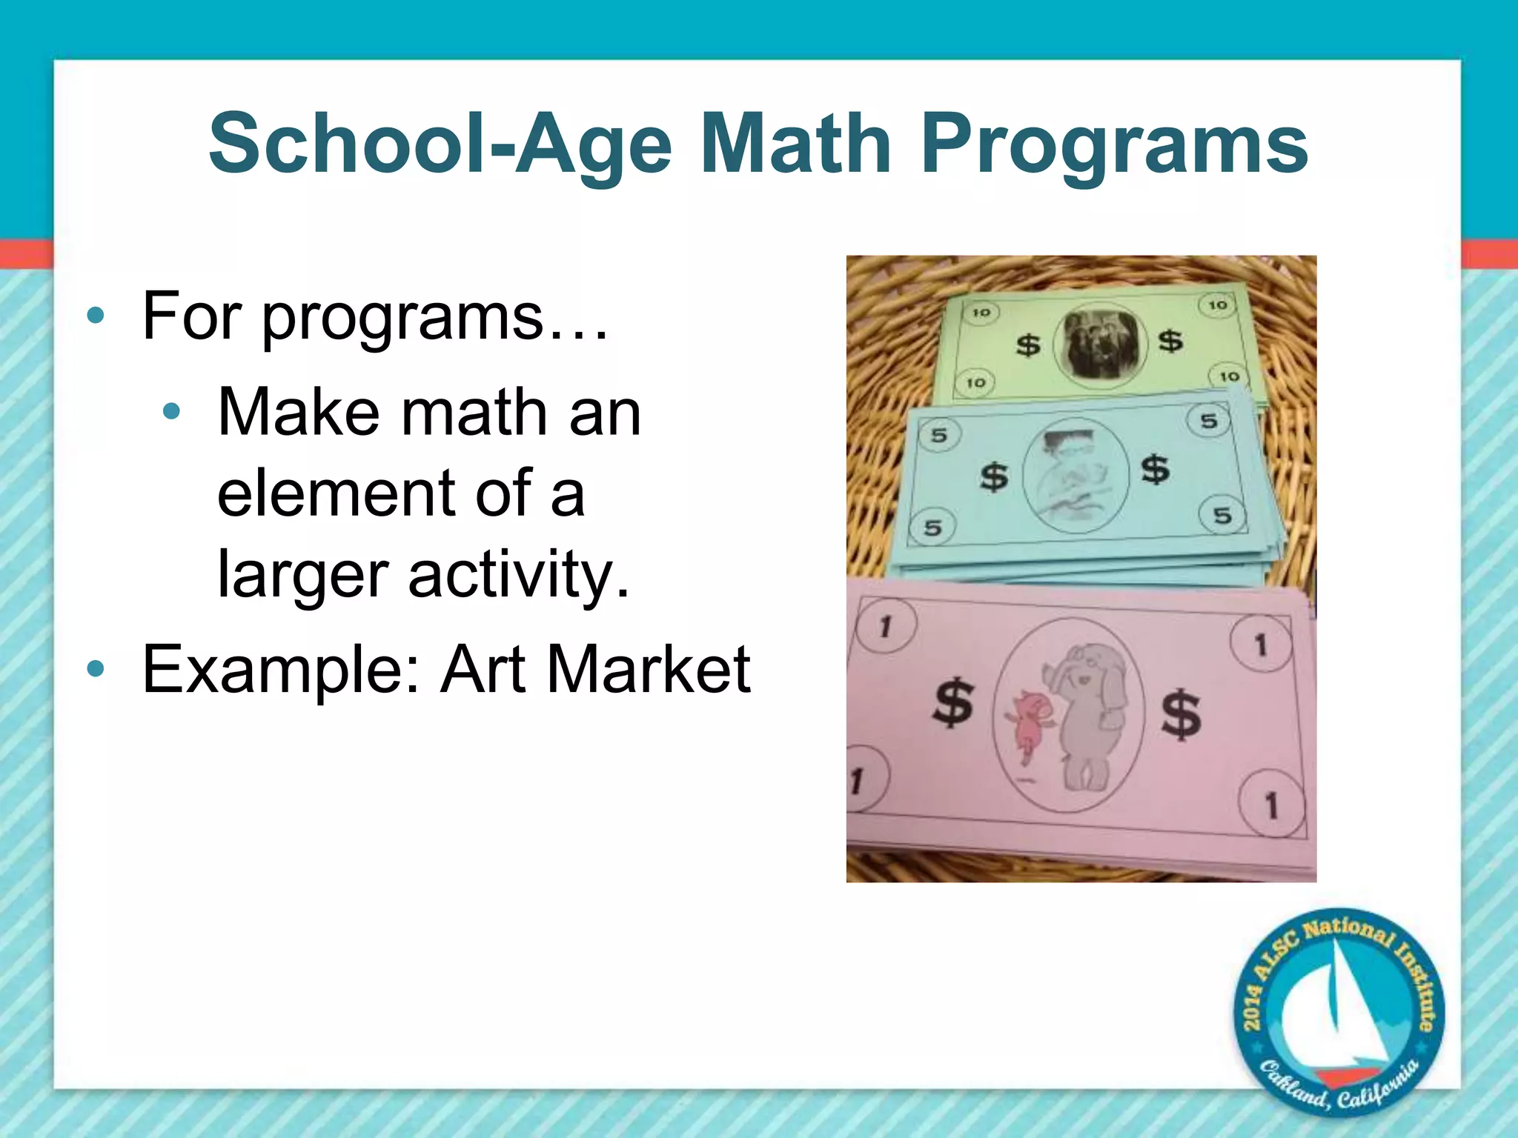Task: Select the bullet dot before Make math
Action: pos(171,412)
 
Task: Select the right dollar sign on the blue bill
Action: pos(1155,469)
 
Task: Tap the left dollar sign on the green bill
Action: pos(1027,345)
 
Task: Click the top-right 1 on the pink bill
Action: pos(1260,645)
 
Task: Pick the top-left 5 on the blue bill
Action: pos(939,435)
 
